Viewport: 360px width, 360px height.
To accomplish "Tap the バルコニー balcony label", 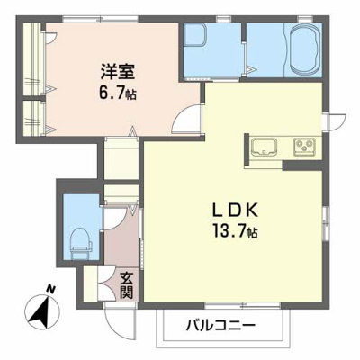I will [221, 325].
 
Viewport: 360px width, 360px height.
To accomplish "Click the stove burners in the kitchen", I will [301, 146].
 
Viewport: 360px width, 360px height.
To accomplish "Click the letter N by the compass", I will [50, 288].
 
